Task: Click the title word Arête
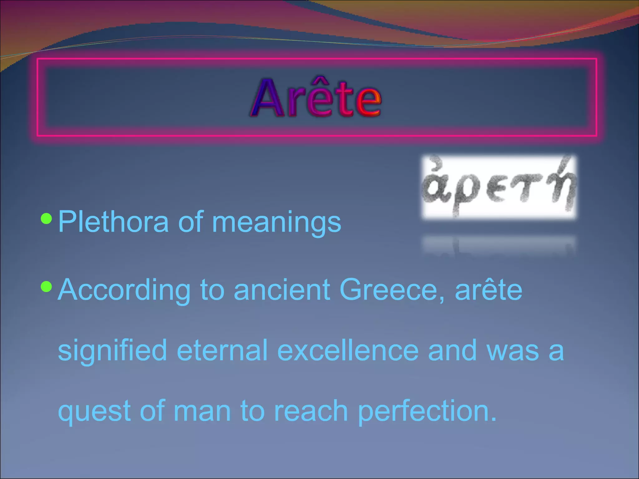tap(316, 98)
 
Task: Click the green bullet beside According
tap(46, 286)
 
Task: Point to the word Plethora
tap(113, 222)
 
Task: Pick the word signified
tap(112, 351)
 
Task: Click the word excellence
tap(348, 351)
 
